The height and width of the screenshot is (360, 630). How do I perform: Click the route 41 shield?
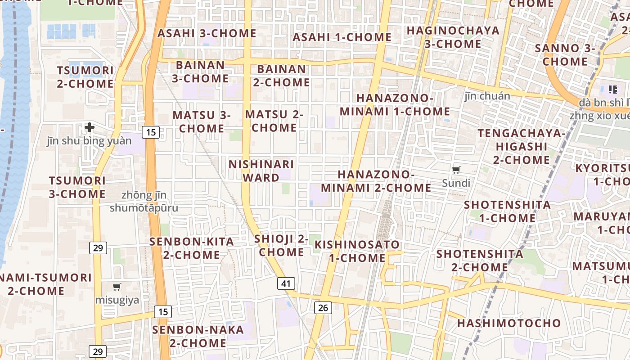[x=286, y=283]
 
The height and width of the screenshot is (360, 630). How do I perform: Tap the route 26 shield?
[x=323, y=308]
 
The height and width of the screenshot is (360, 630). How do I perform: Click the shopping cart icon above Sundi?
[x=456, y=170]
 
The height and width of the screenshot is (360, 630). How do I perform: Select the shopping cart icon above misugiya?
[x=117, y=287]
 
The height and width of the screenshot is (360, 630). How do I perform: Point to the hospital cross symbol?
[x=90, y=127]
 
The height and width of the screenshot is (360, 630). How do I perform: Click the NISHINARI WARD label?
[x=261, y=171]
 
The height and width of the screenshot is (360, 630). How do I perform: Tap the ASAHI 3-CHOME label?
[x=207, y=33]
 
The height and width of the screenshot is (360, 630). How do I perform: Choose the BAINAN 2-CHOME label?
[x=281, y=76]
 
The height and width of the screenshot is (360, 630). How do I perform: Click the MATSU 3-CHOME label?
[x=202, y=122]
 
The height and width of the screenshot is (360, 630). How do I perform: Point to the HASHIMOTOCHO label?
[x=509, y=323]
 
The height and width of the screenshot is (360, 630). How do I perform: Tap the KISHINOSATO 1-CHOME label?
[x=357, y=251]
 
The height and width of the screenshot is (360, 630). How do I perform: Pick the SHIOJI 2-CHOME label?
[x=281, y=245]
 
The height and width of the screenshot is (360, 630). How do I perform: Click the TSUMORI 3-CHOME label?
[x=77, y=187]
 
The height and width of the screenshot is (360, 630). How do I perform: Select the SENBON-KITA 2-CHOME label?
[x=192, y=248]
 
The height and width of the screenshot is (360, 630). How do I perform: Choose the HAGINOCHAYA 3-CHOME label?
[x=453, y=37]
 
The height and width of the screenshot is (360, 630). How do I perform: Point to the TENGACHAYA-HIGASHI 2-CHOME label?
[x=521, y=146]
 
